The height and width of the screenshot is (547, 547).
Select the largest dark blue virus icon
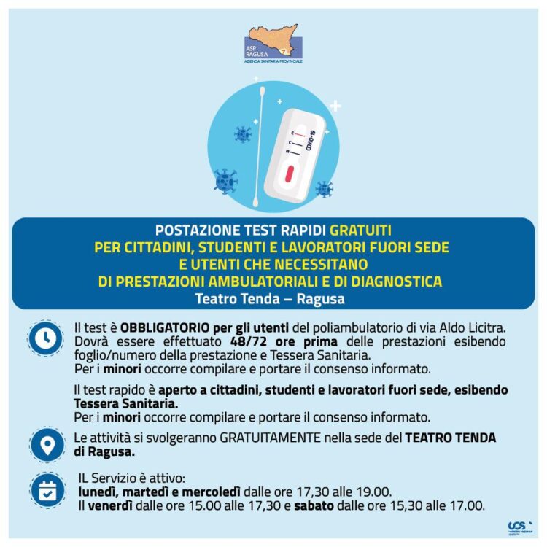pyautogui.click(x=227, y=179)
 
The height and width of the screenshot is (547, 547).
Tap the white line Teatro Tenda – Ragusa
pyautogui.click(x=270, y=299)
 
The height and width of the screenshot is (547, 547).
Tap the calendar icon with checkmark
pyautogui.click(x=47, y=491)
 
